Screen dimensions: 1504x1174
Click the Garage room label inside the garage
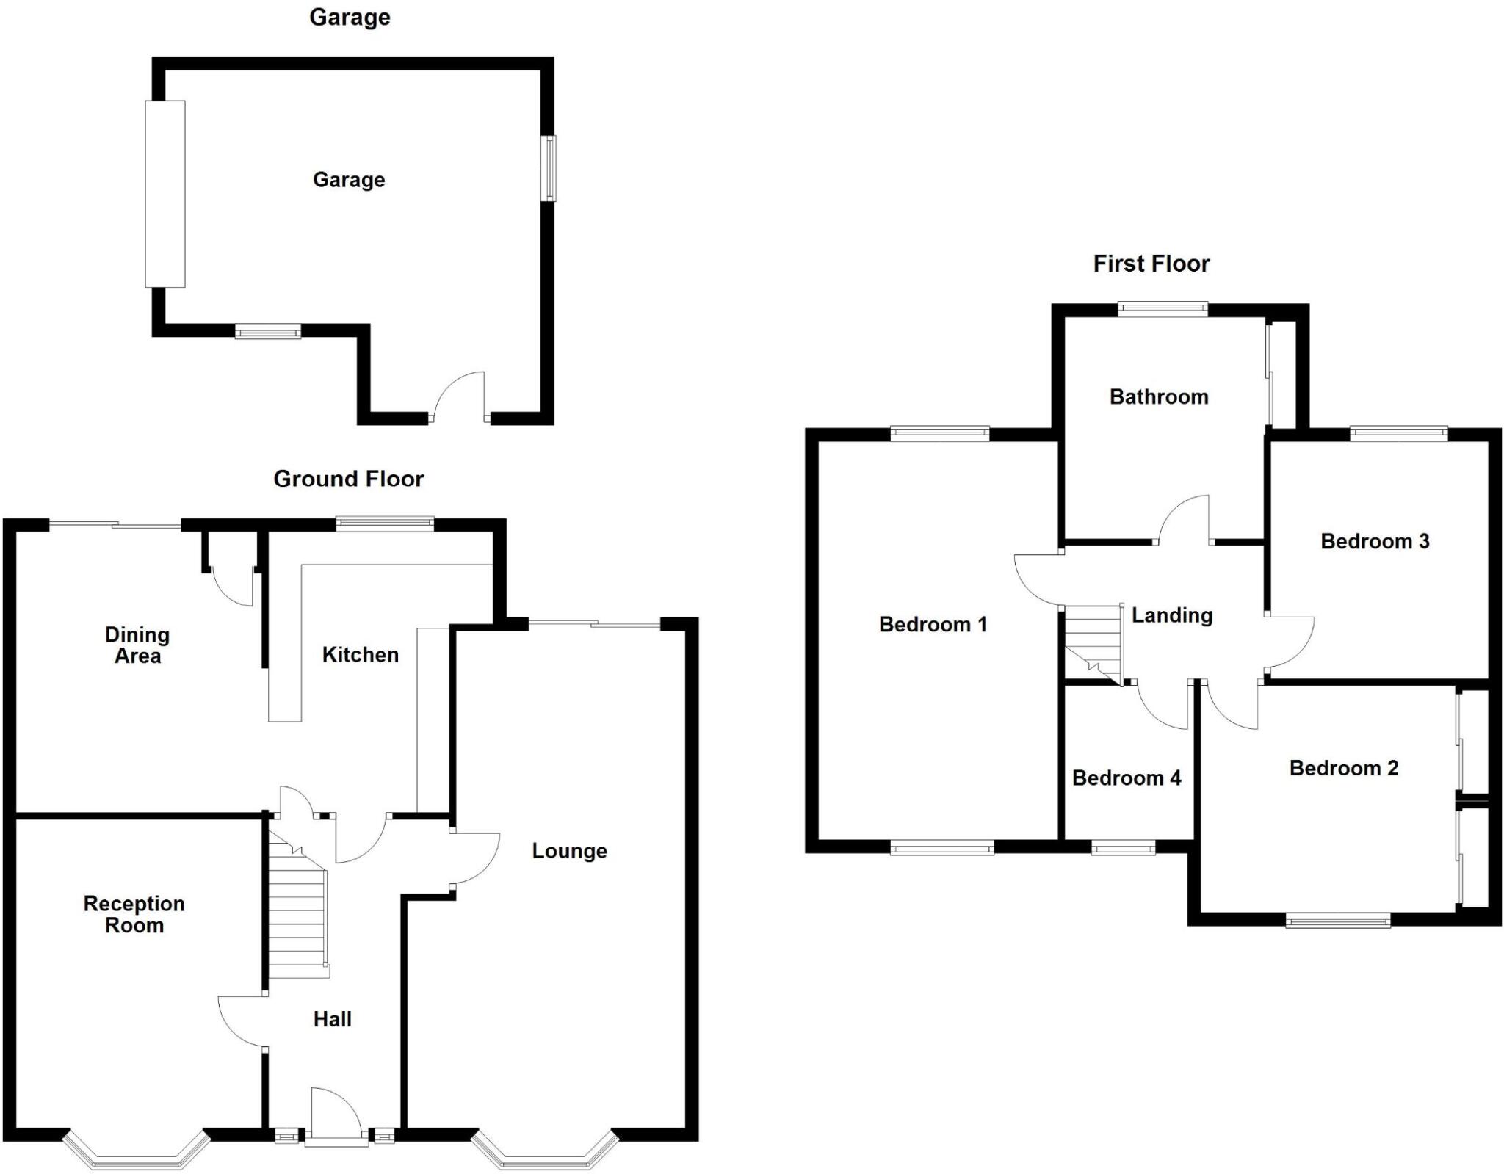coord(349,180)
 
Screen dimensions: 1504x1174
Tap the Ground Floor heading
coord(349,479)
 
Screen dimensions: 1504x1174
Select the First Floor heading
coord(1151,264)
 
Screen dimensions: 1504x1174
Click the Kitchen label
coord(360,654)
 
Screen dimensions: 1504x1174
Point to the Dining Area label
coord(137,645)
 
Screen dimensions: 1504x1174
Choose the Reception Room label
coord(134,914)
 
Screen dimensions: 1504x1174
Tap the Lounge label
coord(569,851)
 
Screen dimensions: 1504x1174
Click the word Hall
coord(332,1019)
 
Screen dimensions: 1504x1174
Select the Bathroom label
coord(1158,397)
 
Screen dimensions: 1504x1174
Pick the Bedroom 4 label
coord(1127,778)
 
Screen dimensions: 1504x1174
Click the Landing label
coord(1171,615)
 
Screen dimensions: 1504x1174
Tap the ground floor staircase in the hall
coord(297,910)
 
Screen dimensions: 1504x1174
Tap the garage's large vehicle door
coord(165,194)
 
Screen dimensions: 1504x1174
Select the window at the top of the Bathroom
coord(1163,309)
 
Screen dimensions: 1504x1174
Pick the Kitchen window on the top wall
coord(385,523)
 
